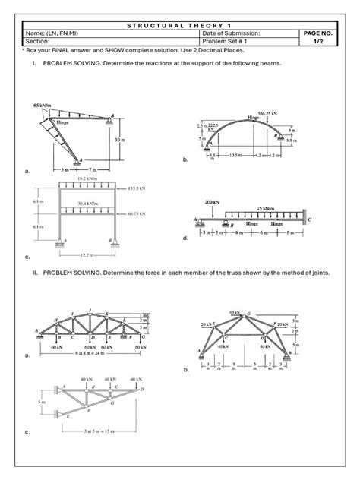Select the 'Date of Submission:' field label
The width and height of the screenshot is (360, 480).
(x=232, y=34)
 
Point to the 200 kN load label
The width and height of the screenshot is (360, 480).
(x=212, y=203)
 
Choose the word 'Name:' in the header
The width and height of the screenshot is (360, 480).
(x=35, y=34)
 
